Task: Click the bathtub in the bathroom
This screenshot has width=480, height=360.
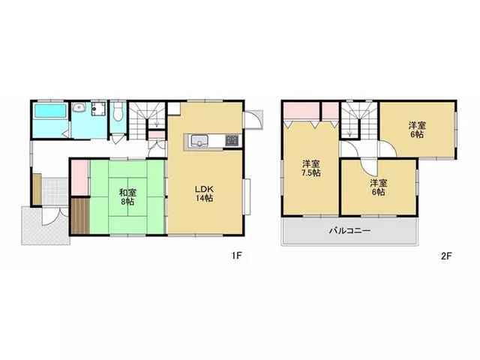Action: [x=50, y=111]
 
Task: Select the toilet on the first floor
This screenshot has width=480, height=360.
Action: [x=118, y=111]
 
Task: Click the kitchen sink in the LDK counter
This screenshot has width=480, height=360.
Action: [x=199, y=141]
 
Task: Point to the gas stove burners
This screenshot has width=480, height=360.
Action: [x=232, y=140]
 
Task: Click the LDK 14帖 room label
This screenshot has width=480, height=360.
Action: [x=205, y=193]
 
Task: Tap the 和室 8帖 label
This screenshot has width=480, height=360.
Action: [x=127, y=197]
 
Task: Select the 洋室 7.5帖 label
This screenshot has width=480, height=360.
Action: [x=311, y=168]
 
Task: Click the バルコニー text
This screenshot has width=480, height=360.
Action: [x=350, y=230]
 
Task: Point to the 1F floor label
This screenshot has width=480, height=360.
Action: [x=237, y=256]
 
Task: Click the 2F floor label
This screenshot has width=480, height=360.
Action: [x=446, y=256]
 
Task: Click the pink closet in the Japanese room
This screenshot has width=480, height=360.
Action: [x=80, y=178]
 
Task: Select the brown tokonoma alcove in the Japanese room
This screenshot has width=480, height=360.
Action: [x=80, y=216]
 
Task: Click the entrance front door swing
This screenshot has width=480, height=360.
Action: [x=55, y=217]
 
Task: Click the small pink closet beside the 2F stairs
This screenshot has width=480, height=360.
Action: [x=331, y=111]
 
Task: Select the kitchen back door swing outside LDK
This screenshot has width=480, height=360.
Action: [x=253, y=120]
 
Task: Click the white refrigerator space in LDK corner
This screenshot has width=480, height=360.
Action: [x=174, y=109]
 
